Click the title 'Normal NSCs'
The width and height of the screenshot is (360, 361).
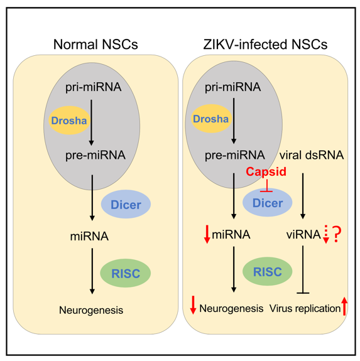click(95, 44)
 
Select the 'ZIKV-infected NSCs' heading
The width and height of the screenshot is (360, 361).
click(265, 44)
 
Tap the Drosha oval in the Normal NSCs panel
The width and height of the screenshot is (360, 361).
click(69, 120)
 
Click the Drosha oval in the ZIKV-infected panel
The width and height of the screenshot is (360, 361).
click(211, 119)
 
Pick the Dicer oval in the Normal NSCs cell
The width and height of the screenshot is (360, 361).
click(126, 204)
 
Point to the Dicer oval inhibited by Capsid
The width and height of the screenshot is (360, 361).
click(268, 203)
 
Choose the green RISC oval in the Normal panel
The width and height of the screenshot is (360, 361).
click(125, 273)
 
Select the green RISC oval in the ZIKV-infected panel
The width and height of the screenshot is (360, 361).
click(268, 271)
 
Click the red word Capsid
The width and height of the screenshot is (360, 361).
click(266, 171)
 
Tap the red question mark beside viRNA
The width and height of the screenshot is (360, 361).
click(337, 234)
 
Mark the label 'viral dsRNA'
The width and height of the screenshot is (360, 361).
click(312, 155)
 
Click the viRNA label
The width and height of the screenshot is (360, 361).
click(303, 235)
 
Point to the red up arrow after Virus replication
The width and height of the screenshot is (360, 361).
click(344, 306)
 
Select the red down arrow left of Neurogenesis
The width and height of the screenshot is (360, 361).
click(193, 305)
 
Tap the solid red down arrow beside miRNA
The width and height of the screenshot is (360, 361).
click(207, 234)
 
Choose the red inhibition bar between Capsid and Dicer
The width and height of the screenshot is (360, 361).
click(266, 186)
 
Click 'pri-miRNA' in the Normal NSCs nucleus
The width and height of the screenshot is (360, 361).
click(93, 87)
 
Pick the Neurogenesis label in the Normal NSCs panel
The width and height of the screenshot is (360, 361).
click(91, 310)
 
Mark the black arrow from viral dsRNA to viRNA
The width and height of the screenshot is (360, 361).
click(303, 196)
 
